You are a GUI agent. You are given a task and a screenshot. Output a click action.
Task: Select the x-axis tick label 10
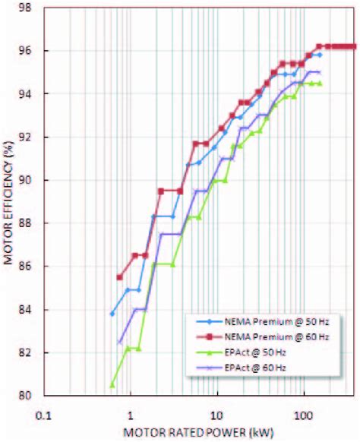click(217, 416)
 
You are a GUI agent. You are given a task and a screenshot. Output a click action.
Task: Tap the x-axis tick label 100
click(304, 416)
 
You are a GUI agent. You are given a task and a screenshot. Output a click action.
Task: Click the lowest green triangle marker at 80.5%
click(112, 385)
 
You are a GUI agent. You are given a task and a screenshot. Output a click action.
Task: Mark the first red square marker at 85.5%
click(119, 277)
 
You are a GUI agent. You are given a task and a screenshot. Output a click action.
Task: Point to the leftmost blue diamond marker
click(112, 314)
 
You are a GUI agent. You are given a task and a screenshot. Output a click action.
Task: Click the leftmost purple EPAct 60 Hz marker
click(119, 343)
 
